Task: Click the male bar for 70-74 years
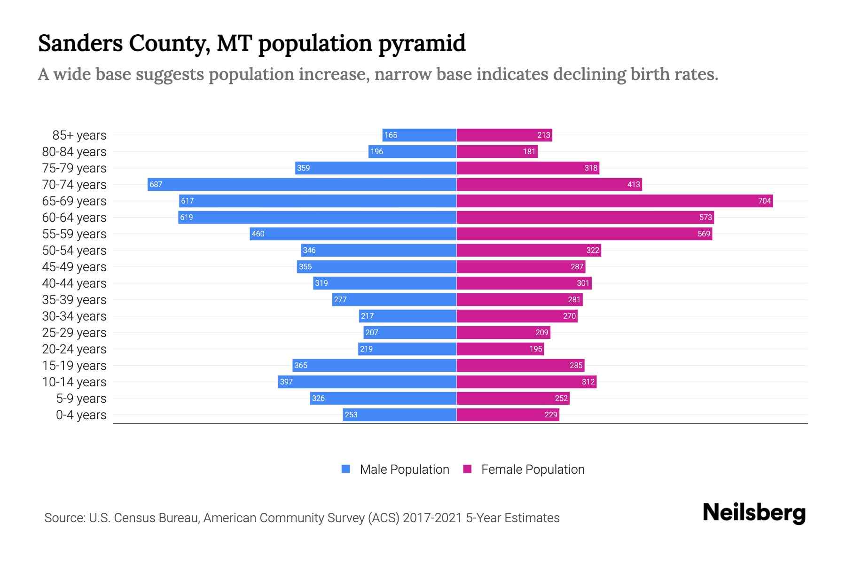302,184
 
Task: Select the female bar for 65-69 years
614,201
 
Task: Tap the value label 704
764,201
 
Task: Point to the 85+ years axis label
79,135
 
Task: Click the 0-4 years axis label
81,415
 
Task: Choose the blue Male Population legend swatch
346,469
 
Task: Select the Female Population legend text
533,469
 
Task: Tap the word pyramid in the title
422,43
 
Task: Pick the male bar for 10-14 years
367,382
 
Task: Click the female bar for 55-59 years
584,234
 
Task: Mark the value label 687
156,184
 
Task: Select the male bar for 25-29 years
410,332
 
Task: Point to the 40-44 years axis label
74,283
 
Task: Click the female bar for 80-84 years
497,151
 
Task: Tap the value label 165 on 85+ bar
391,135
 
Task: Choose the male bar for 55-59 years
353,234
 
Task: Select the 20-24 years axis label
74,349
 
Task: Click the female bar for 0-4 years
508,415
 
